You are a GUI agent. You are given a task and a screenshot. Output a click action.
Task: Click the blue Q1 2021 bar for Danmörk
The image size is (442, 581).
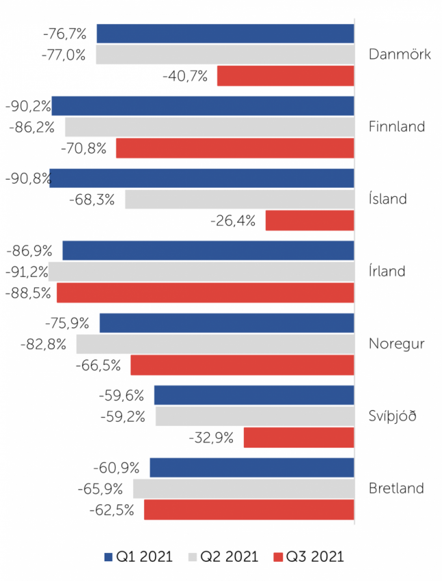(225, 33)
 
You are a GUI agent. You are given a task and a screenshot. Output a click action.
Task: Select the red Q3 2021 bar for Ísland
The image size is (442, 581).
(309, 221)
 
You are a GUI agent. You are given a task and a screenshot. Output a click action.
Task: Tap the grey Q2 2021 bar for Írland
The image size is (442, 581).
(201, 271)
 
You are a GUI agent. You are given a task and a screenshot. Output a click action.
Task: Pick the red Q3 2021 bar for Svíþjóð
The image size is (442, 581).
(299, 437)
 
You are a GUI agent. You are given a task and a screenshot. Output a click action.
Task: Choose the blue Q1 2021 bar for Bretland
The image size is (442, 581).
(251, 468)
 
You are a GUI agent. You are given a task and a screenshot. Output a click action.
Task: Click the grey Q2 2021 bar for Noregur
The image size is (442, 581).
(215, 344)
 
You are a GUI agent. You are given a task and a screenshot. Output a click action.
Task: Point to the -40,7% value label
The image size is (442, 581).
(185, 76)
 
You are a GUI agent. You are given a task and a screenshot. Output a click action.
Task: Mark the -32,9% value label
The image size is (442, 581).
(211, 437)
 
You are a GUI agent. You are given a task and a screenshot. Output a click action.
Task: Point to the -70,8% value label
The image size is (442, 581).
(83, 148)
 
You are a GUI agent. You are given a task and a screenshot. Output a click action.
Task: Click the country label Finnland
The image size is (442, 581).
(396, 126)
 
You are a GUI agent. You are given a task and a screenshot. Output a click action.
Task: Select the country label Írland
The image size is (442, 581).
(387, 271)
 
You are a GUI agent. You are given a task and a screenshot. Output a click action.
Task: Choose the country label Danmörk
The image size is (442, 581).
(400, 55)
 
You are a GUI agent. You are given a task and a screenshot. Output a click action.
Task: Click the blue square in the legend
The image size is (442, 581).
(109, 556)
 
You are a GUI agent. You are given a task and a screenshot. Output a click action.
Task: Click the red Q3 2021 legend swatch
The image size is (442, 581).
(277, 556)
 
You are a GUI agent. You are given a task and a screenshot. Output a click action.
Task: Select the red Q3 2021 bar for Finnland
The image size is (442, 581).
(235, 148)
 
